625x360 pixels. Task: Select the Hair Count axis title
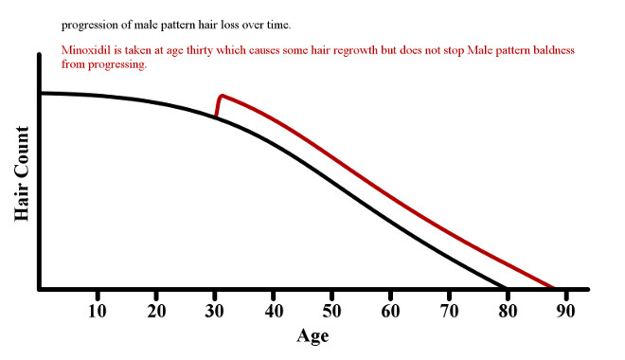(22, 171)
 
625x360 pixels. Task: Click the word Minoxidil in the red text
(86, 49)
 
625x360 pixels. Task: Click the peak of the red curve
(221, 96)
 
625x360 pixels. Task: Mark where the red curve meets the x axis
(554, 288)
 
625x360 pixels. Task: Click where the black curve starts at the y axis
(41, 93)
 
